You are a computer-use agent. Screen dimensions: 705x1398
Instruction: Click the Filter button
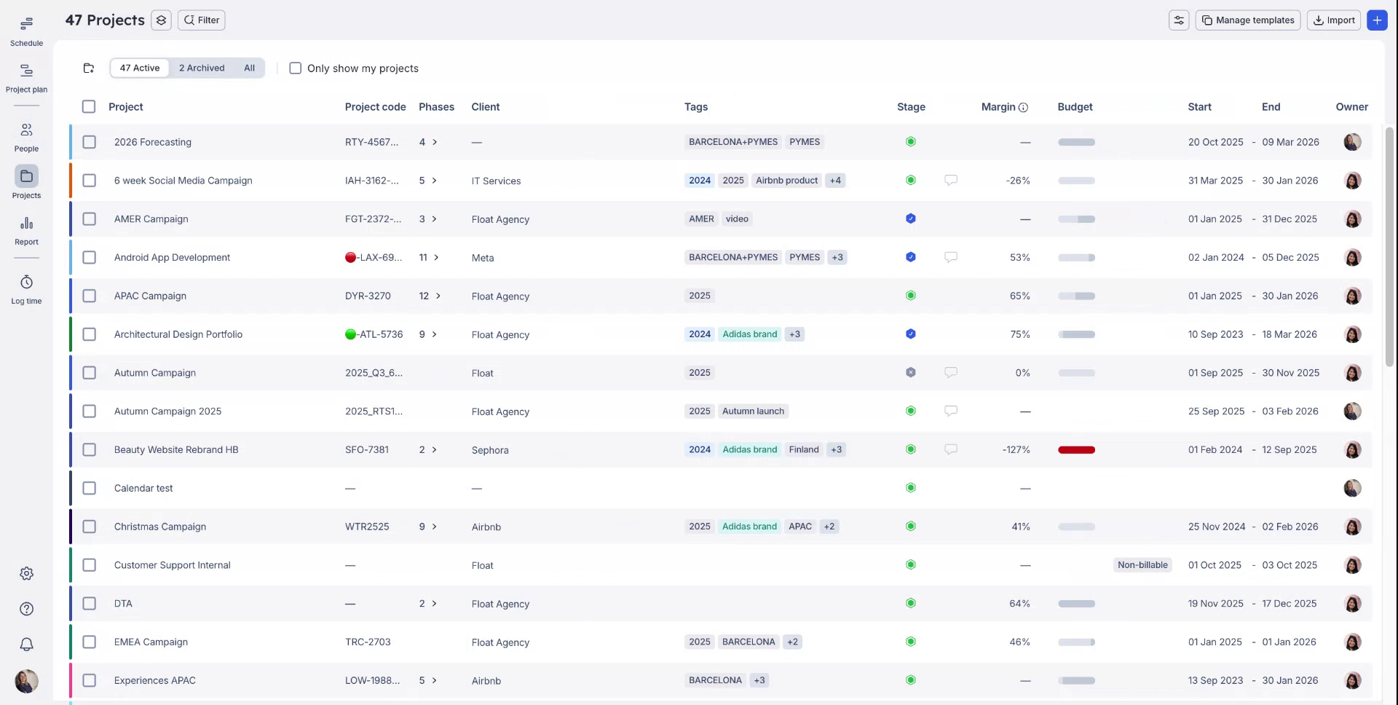click(202, 20)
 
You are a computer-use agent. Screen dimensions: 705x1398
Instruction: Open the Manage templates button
click(1248, 20)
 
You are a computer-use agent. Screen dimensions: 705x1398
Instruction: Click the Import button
click(1334, 20)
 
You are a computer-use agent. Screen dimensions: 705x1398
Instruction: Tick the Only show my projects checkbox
click(296, 68)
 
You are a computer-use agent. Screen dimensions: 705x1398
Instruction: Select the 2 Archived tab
click(202, 68)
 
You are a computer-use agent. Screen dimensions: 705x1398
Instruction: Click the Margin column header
click(998, 107)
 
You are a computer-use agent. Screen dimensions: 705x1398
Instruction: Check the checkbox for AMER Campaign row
click(89, 219)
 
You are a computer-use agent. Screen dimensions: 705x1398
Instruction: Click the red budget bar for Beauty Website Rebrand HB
click(1076, 450)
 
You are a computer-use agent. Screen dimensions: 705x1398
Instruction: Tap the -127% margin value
click(1016, 450)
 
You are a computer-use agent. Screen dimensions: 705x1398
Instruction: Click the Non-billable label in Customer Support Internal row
click(1142, 565)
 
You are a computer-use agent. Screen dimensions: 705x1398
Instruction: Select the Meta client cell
click(483, 258)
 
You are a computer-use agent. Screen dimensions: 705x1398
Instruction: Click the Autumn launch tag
click(753, 411)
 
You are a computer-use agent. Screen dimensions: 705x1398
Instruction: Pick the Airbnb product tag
click(786, 181)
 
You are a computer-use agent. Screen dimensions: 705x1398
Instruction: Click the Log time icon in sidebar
click(26, 283)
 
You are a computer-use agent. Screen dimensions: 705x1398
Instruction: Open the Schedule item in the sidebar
click(26, 25)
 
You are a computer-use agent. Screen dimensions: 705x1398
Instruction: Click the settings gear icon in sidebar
click(26, 574)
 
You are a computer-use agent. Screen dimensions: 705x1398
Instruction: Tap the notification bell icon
click(26, 645)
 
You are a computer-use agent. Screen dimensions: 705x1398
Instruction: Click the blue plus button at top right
click(1376, 20)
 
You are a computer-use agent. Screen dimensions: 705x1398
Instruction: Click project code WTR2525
click(367, 527)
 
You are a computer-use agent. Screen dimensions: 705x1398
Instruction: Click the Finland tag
click(804, 450)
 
